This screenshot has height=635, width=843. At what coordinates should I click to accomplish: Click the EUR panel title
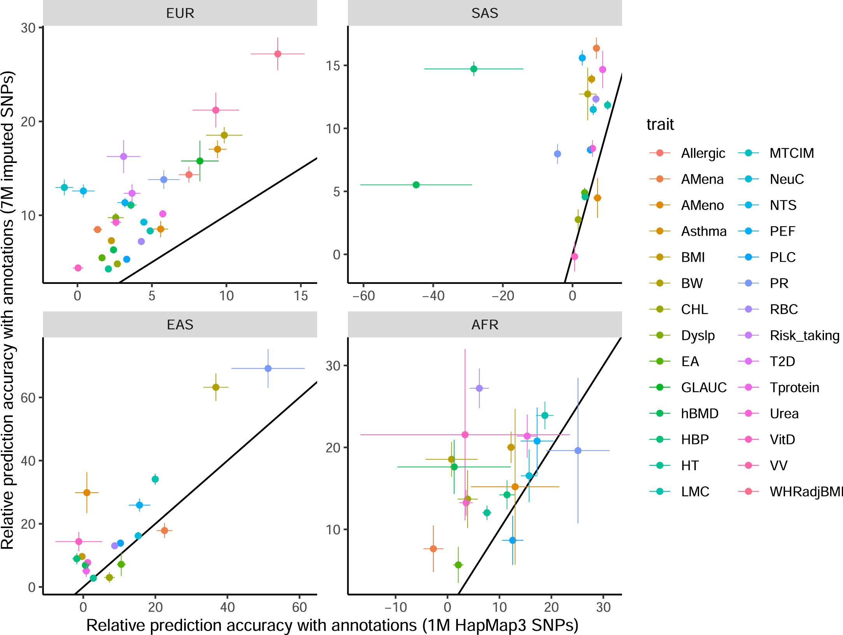(180, 13)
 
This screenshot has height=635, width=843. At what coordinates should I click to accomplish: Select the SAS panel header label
(484, 13)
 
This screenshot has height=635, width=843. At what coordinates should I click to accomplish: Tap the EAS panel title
(180, 324)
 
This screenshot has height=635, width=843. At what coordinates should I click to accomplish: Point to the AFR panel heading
(484, 324)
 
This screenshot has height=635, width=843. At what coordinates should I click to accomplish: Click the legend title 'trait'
(660, 124)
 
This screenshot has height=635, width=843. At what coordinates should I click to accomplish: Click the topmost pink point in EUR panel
(277, 54)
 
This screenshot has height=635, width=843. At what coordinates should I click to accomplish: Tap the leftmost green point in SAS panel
(416, 185)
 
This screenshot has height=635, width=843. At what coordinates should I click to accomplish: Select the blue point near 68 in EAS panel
(268, 368)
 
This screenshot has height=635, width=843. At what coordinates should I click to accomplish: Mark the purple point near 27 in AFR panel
(479, 388)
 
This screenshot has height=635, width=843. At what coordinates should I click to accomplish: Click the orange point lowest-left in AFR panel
(433, 549)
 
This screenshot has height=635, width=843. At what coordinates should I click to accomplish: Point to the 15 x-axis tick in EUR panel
(301, 296)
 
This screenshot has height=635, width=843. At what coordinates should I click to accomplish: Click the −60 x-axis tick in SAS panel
(363, 296)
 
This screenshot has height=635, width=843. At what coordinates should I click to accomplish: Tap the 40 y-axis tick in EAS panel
(28, 461)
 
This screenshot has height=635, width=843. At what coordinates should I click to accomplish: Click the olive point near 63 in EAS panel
(216, 387)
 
